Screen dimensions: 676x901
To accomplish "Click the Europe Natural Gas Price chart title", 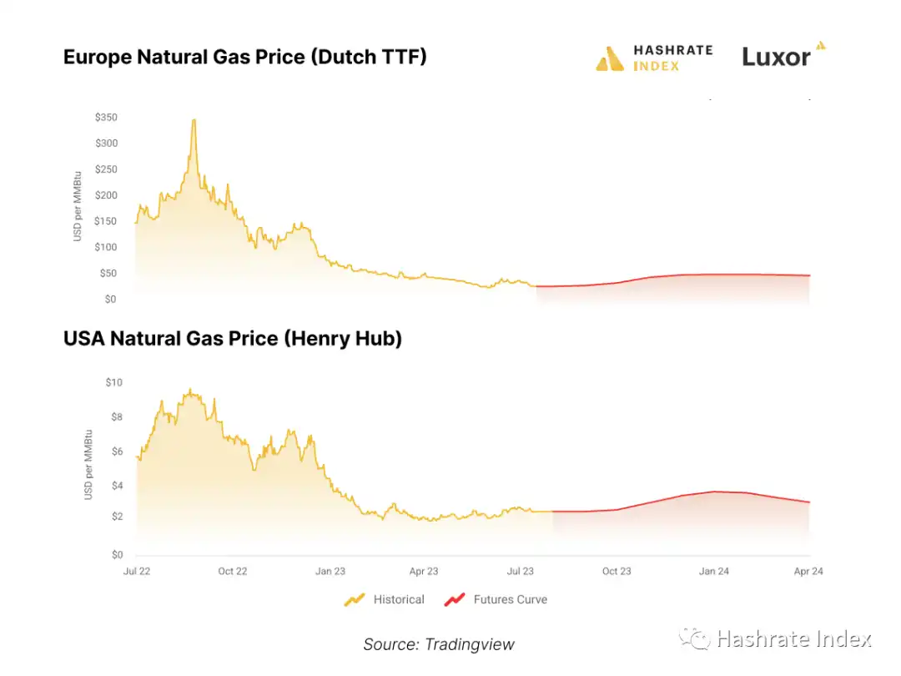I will [x=244, y=58].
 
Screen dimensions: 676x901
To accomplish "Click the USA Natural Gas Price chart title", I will [x=232, y=338].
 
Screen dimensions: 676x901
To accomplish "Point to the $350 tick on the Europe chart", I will [x=106, y=118].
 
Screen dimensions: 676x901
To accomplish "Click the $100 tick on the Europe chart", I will [x=106, y=247].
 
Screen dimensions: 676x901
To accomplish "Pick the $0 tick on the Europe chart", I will [x=110, y=299].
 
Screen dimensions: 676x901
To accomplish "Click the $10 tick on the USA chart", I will [x=113, y=382].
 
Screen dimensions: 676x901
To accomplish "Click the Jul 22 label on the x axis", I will [x=136, y=572].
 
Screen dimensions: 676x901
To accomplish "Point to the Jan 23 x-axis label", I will [x=330, y=572].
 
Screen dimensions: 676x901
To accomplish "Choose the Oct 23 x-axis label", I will [x=617, y=572].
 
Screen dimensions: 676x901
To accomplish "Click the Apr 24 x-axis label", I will [x=809, y=572].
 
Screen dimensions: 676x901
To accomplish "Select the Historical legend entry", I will [x=385, y=599].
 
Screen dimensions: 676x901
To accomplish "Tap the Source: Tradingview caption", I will [x=439, y=643].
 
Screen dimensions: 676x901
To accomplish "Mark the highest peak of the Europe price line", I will [x=194, y=120].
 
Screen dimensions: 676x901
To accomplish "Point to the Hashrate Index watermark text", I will [x=793, y=639].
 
